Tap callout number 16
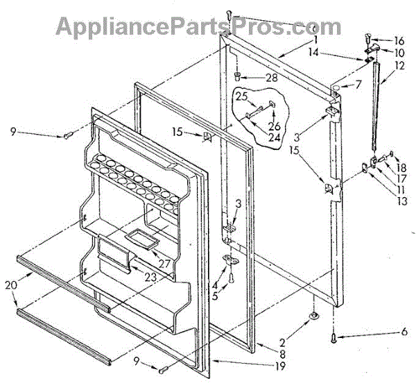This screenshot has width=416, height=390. [x=399, y=41]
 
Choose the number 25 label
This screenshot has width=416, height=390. [x=241, y=96]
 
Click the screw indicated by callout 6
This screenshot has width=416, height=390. [x=335, y=338]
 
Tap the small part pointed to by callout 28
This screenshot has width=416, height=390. [x=237, y=76]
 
